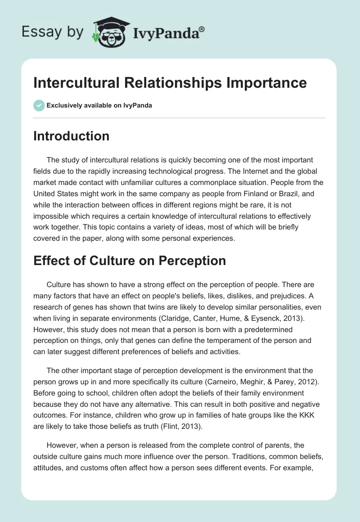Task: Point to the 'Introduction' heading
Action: point(71,136)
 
